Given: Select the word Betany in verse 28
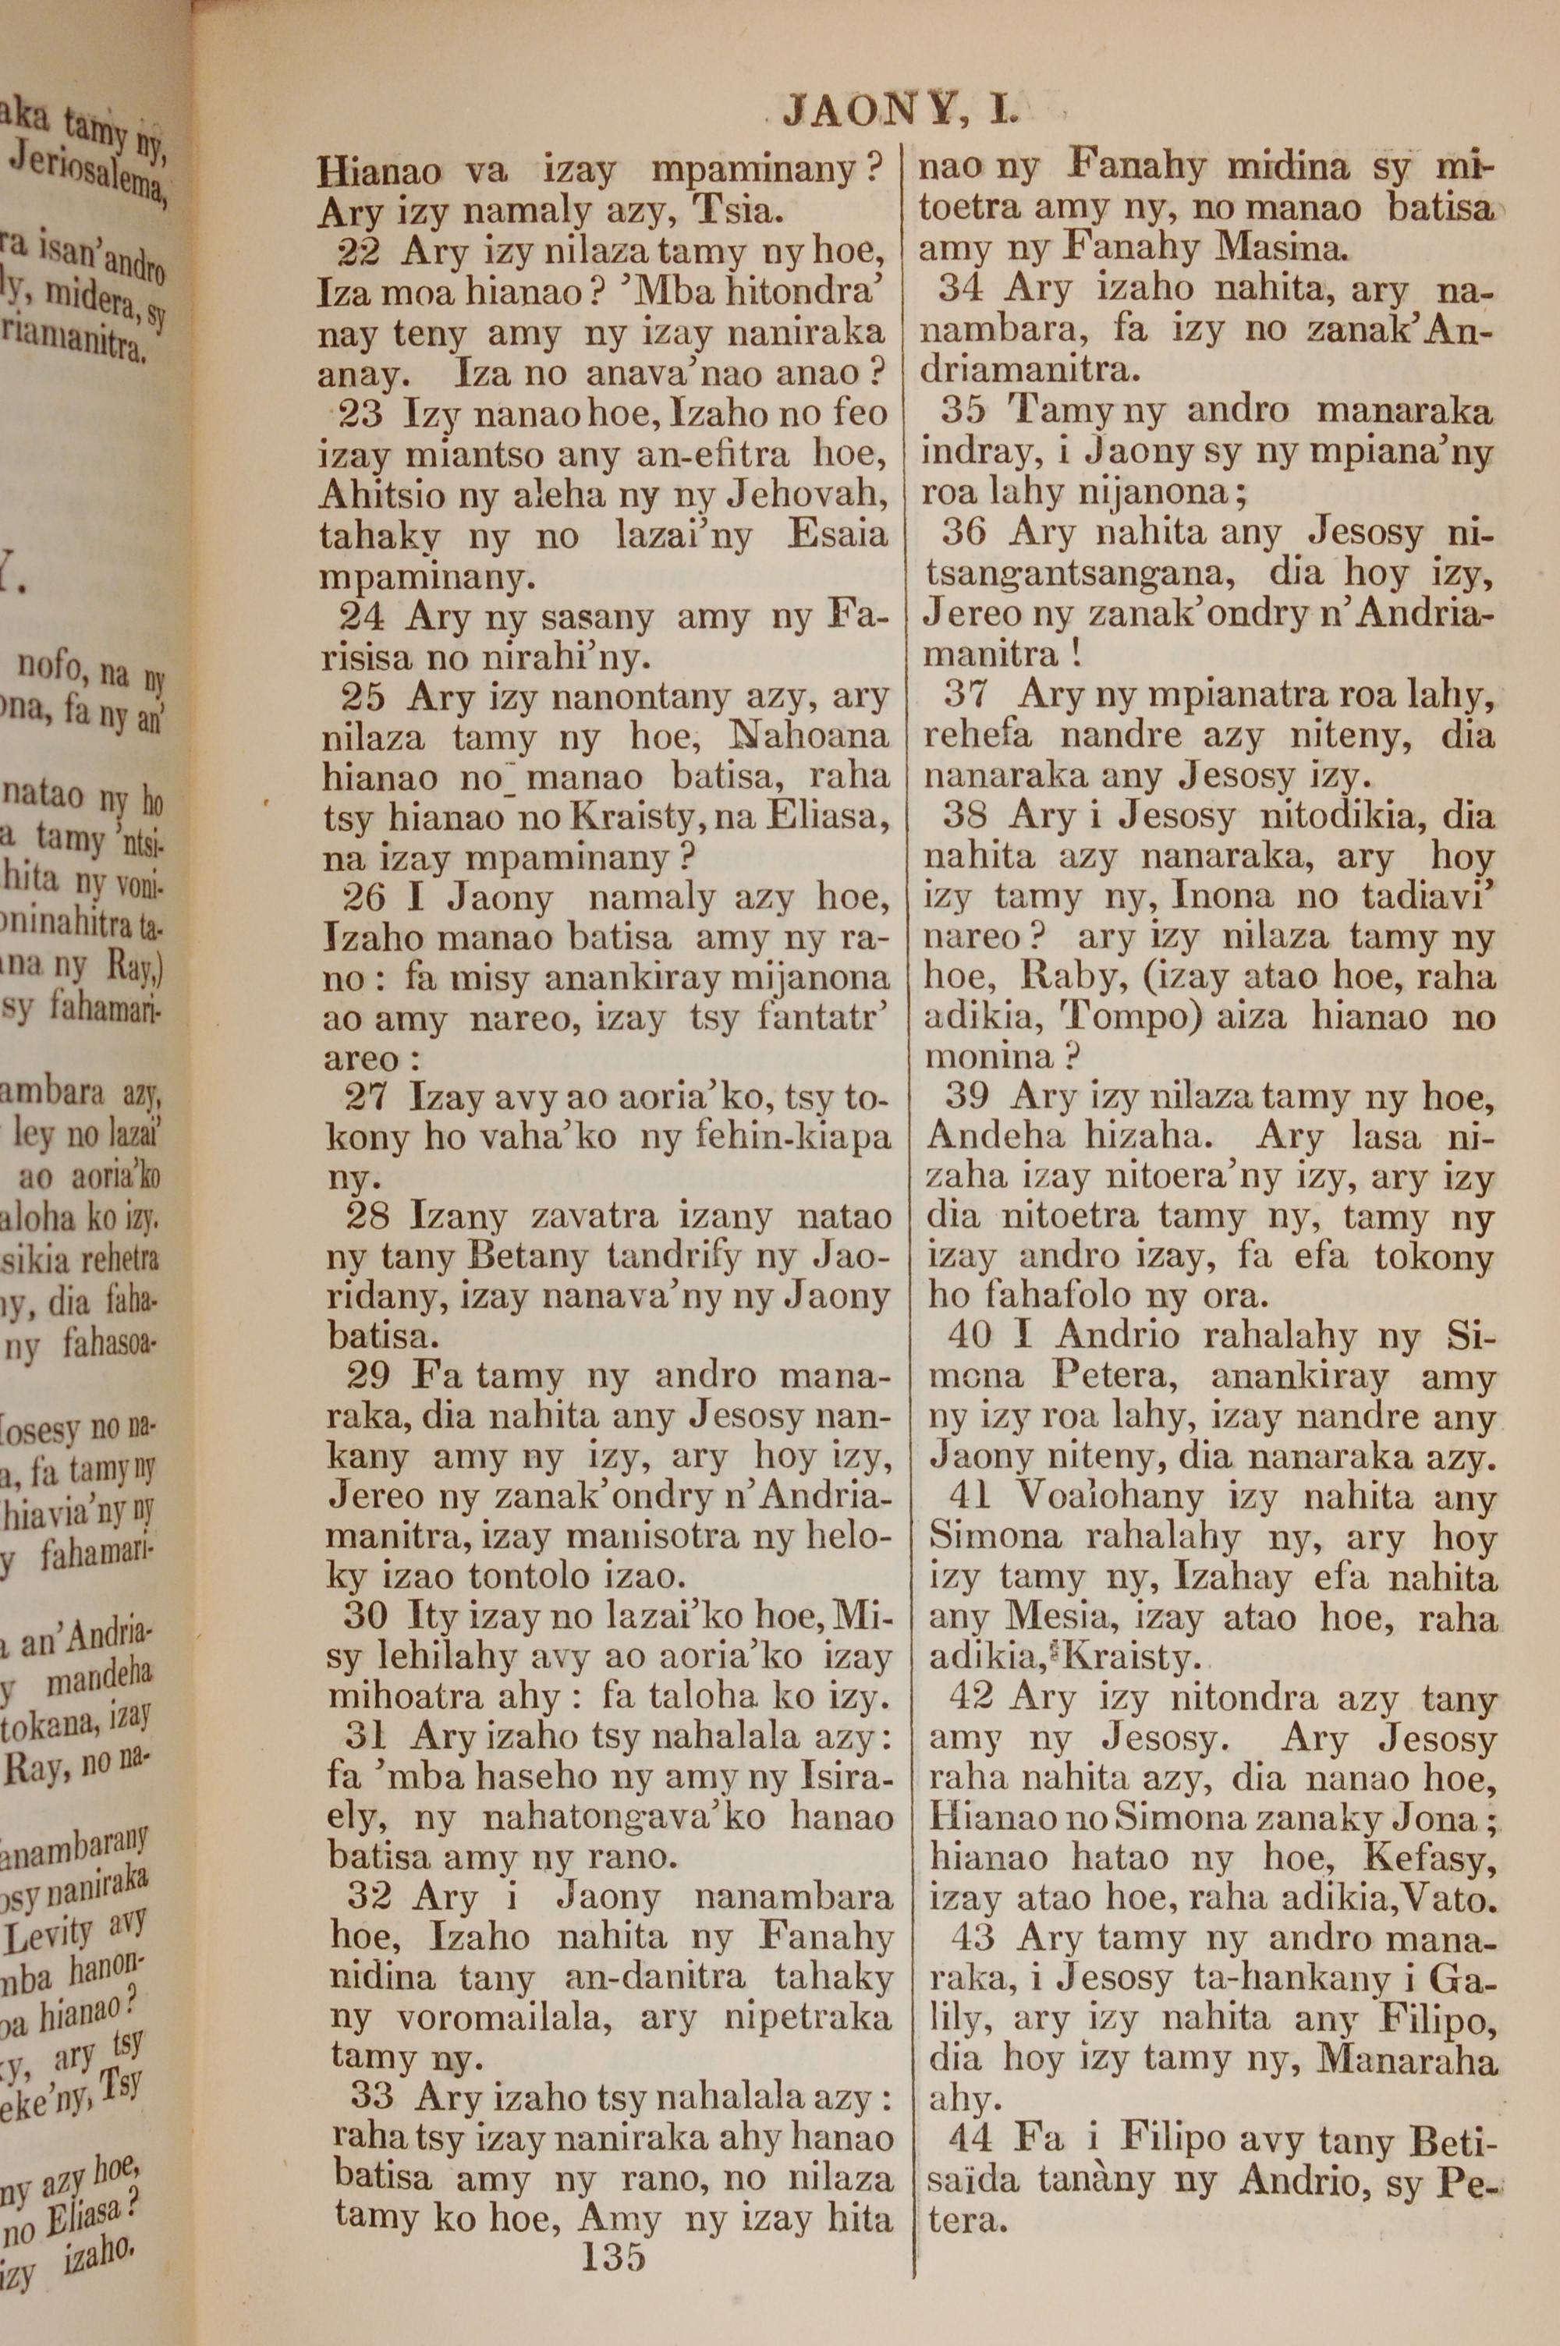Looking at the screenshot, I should click(x=527, y=1258).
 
